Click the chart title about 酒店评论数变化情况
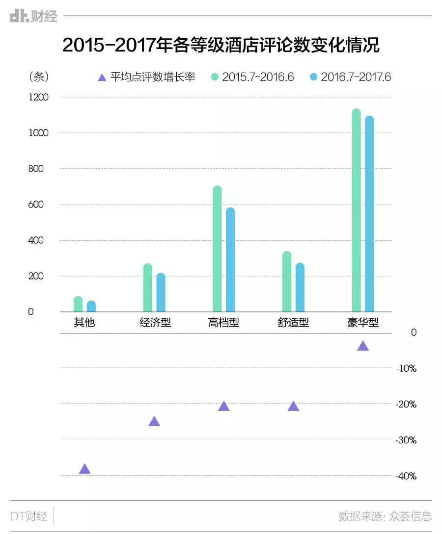coord(221,46)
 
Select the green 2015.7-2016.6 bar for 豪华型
coord(356,211)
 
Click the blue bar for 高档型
coord(230,260)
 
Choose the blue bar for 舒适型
coord(300,287)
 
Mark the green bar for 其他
coord(78,304)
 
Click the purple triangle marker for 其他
coord(84,469)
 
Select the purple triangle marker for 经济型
coord(154,421)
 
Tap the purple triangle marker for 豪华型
coord(363,346)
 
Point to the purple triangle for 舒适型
coord(293,406)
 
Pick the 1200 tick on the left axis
coord(38,97)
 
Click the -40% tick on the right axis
coord(406,476)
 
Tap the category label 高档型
coord(223,323)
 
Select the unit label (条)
coord(39,77)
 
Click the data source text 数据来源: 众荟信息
coord(385,516)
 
